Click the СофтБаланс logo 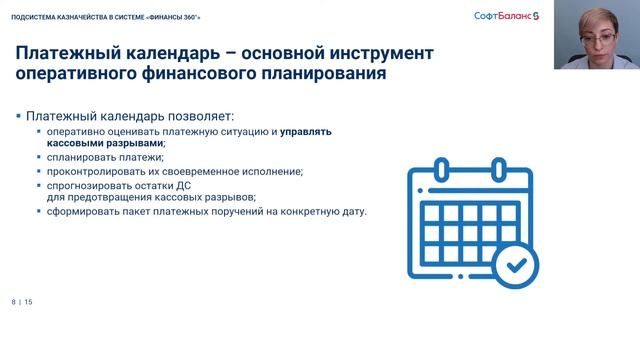click(505, 14)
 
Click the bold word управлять click(306, 131)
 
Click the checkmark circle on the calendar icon click(515, 263)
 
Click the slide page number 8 click(14, 301)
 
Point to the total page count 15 click(29, 301)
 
